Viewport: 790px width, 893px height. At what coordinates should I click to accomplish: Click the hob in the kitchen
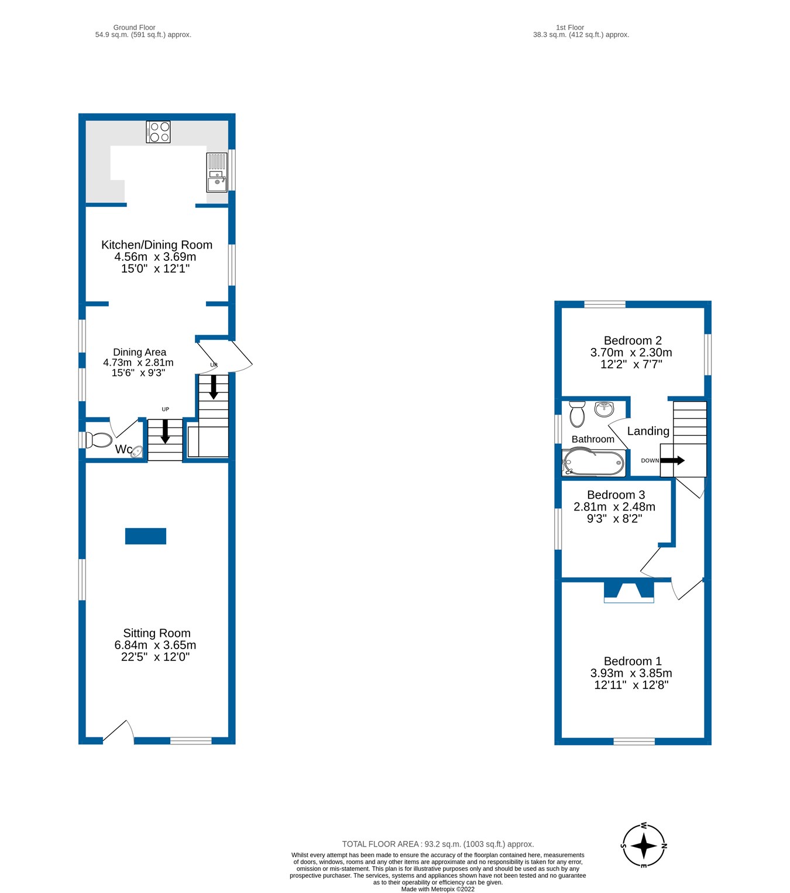click(158, 132)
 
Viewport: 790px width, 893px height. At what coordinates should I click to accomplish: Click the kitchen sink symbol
click(216, 173)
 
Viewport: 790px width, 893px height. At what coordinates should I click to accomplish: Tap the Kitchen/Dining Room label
click(157, 245)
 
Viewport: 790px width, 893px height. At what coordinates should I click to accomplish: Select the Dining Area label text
click(139, 352)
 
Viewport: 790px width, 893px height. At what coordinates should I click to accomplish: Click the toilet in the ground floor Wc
click(99, 440)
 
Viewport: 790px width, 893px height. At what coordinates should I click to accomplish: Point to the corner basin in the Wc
click(138, 451)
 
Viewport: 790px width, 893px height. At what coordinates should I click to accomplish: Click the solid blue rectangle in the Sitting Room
click(146, 536)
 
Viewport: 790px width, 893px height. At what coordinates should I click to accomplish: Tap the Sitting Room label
click(156, 633)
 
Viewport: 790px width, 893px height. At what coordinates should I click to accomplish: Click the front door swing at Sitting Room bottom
click(119, 730)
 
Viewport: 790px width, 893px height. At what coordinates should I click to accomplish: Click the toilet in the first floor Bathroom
click(577, 414)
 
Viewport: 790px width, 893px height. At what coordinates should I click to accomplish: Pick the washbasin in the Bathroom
click(604, 409)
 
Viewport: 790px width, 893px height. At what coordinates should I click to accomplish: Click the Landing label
click(648, 431)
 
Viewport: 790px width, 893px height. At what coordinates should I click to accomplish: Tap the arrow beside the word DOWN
click(672, 460)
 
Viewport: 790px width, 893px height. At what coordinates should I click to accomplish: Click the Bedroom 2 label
click(633, 340)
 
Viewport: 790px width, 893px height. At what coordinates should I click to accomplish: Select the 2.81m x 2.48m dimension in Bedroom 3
click(614, 507)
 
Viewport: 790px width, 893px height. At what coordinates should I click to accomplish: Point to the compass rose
click(644, 846)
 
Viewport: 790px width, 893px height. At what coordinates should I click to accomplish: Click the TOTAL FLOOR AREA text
click(438, 844)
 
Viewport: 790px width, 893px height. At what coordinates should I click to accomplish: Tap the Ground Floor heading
click(134, 27)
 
